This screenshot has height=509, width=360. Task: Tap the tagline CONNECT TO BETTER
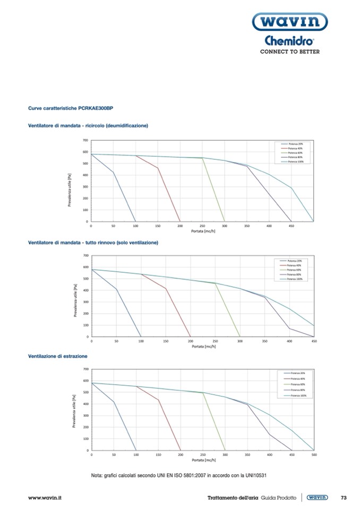pos(289,52)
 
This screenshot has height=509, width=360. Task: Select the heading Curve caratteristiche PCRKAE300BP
pos(71,108)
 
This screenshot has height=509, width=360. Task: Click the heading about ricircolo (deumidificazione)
pos(88,126)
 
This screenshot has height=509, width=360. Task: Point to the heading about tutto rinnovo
pos(93,243)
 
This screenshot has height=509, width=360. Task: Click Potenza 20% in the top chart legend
pos(296,144)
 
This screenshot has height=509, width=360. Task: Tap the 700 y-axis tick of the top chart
pos(85,141)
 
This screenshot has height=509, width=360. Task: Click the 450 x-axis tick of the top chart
pos(291,226)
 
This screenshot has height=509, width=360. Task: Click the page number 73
pos(343,497)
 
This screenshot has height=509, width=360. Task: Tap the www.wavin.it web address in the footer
pos(45,498)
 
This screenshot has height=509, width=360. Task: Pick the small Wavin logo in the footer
pos(318,497)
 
